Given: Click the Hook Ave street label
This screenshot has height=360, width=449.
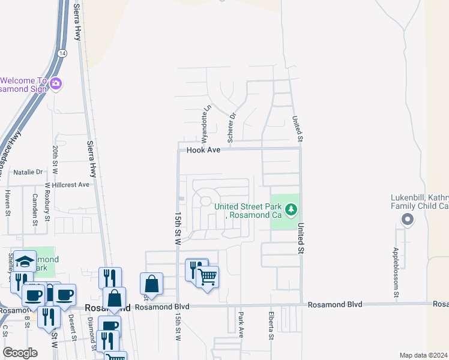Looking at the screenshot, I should click(203, 150).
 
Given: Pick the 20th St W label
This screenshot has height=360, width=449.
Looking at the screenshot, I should click(55, 158).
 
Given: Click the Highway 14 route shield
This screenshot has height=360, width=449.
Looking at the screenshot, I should click(62, 53).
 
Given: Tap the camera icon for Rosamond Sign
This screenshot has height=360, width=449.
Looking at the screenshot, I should click(56, 83).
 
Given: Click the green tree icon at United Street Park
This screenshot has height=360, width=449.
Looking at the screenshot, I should click(291, 210).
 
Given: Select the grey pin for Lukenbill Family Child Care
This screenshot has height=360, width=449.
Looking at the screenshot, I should click(408, 220).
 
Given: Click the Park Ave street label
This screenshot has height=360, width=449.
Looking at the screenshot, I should click(241, 325).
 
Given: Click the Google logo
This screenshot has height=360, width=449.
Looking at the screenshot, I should click(20, 352).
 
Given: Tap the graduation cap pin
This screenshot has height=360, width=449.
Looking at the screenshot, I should click(25, 261).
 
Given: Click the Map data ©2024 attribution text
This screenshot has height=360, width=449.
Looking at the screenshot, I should click(424, 355).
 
